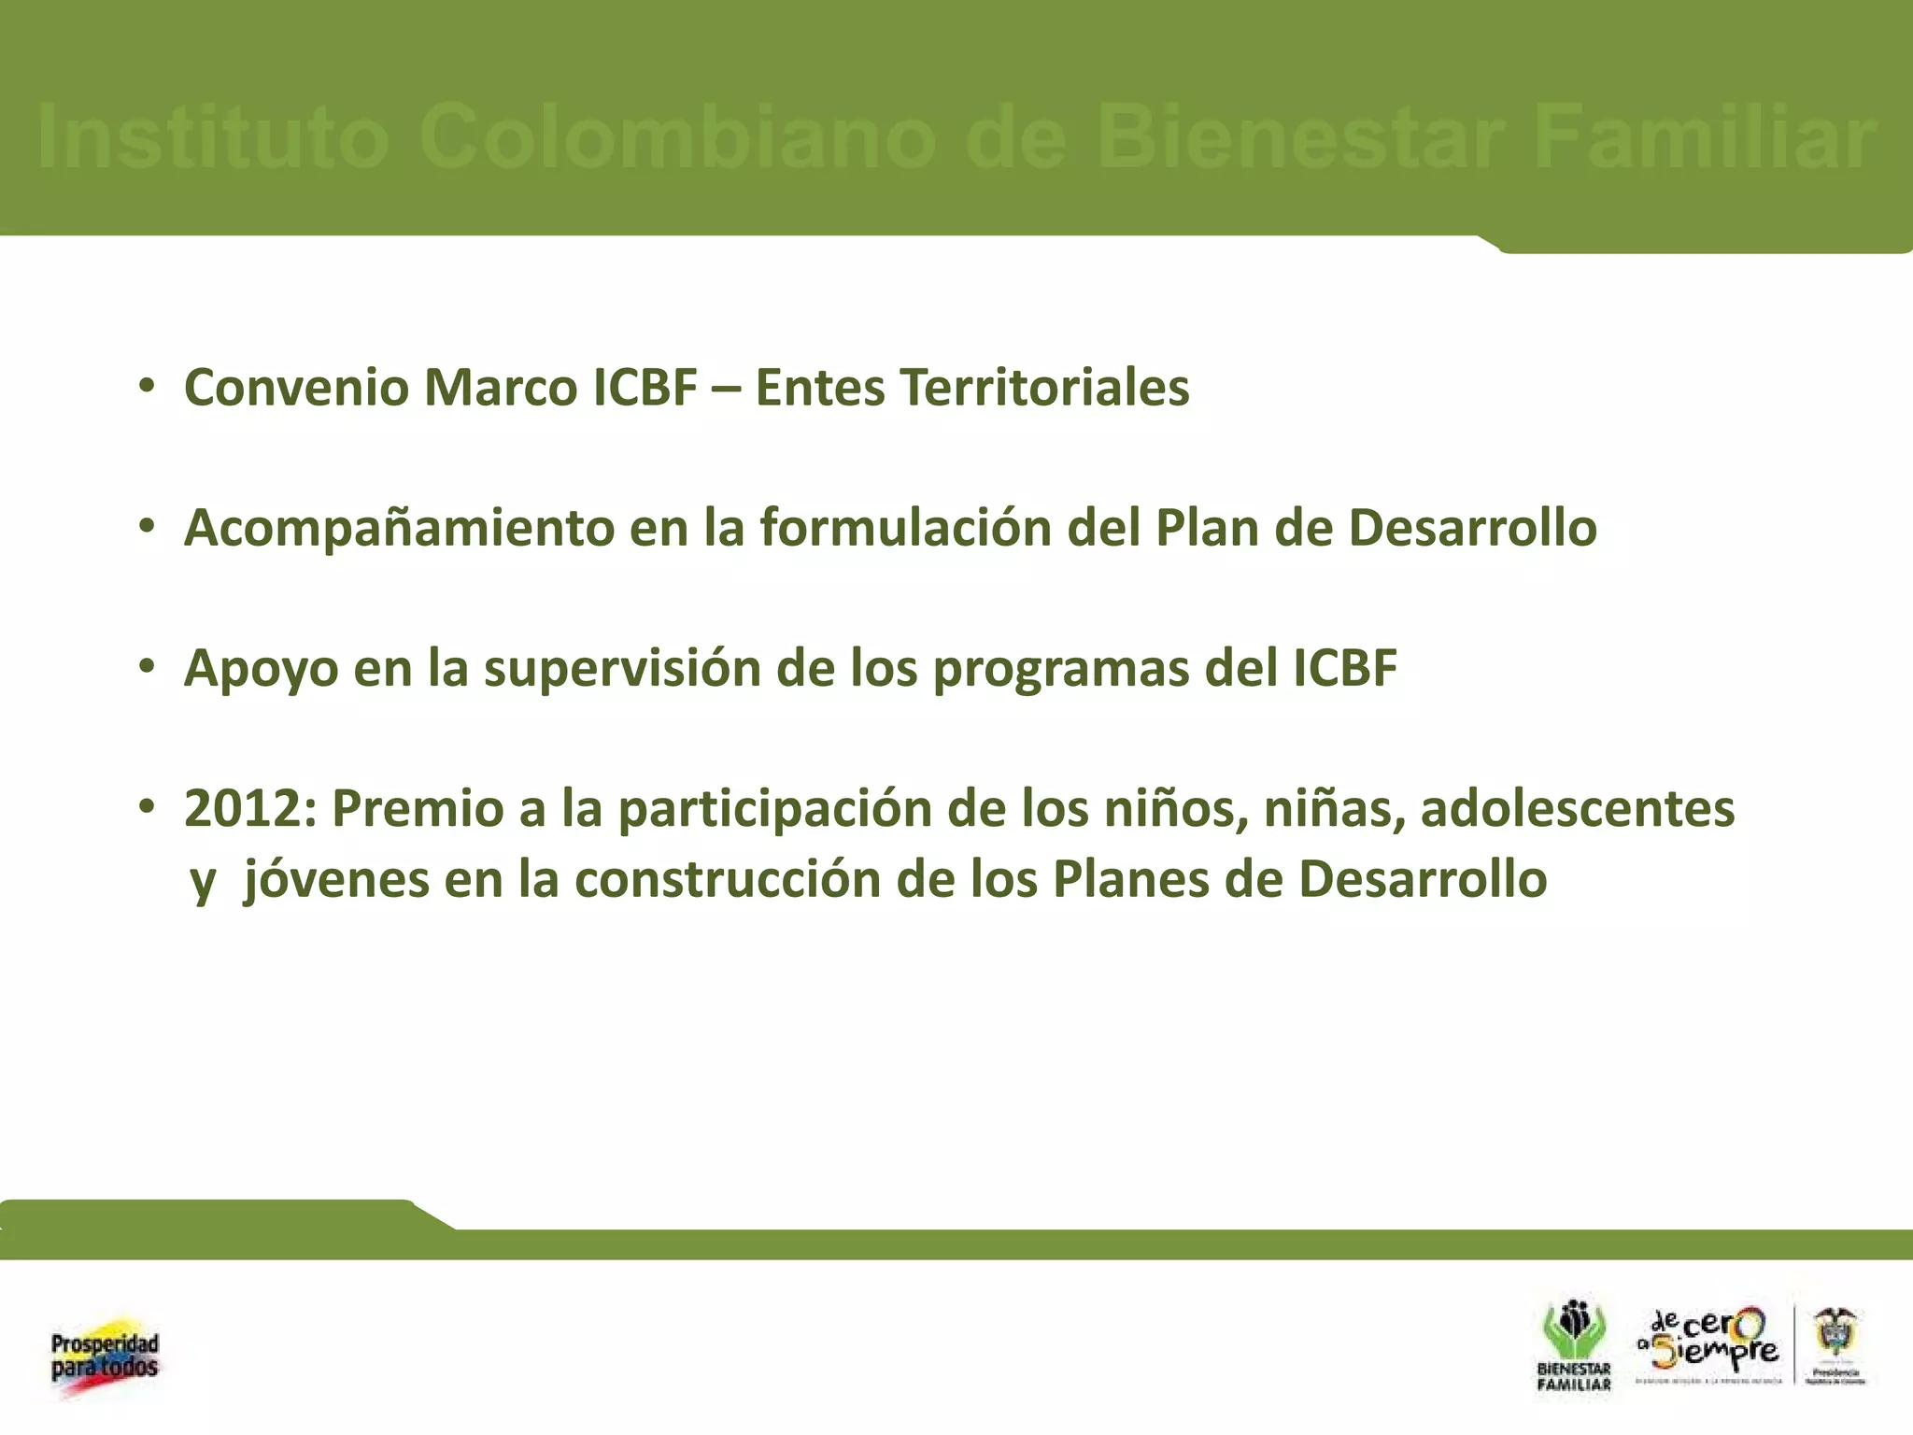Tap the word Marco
pos(501,388)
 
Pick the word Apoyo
pos(261,670)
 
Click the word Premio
pos(418,809)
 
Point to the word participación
pos(775,809)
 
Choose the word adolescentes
pos(1577,809)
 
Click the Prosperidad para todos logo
pos(105,1357)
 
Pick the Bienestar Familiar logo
pos(1574,1346)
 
